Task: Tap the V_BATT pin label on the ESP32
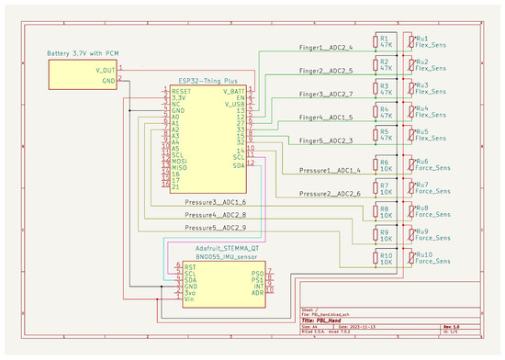click(x=232, y=92)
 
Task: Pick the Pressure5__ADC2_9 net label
click(x=214, y=226)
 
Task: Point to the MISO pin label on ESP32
click(x=181, y=166)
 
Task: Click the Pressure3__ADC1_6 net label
click(x=214, y=202)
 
